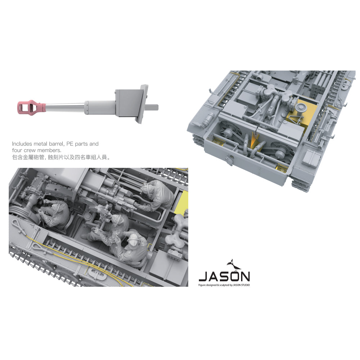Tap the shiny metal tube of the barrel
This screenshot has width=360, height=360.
point(65,107)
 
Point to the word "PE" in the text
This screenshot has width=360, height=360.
point(69,144)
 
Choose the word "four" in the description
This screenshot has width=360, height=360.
point(17,150)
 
